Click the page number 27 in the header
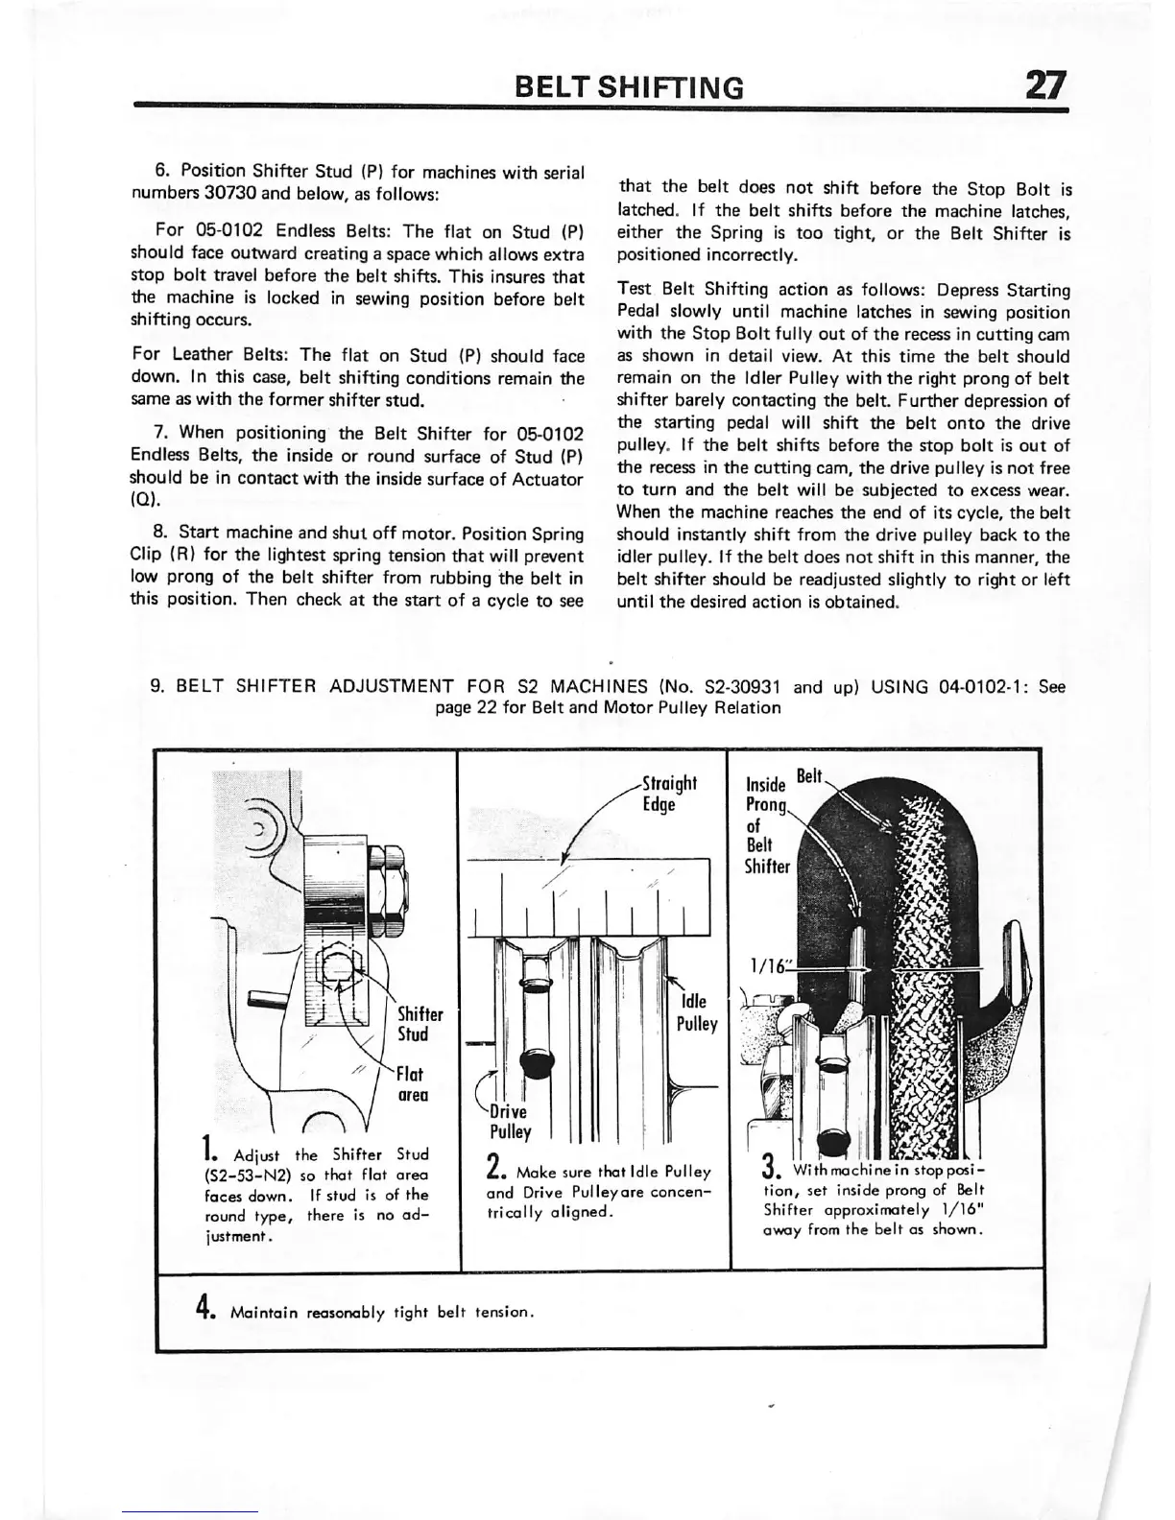click(1044, 86)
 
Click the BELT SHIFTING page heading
click(629, 88)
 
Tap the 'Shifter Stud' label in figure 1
click(420, 1024)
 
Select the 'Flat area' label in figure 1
click(412, 1083)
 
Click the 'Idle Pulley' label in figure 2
click(696, 1013)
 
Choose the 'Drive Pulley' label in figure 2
click(510, 1122)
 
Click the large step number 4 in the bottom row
click(204, 1307)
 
